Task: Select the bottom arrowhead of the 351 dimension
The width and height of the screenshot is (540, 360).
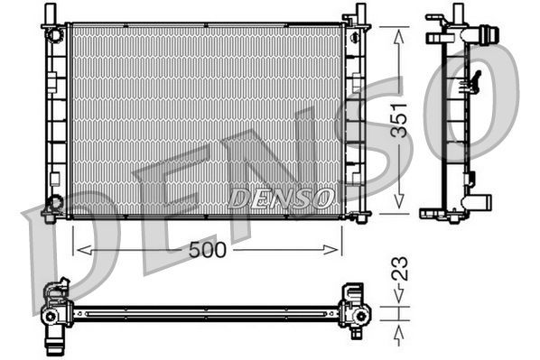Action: (x=398, y=208)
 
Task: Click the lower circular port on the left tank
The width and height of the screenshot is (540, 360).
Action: (x=55, y=202)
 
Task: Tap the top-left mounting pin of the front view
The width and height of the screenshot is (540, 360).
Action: (x=51, y=14)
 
